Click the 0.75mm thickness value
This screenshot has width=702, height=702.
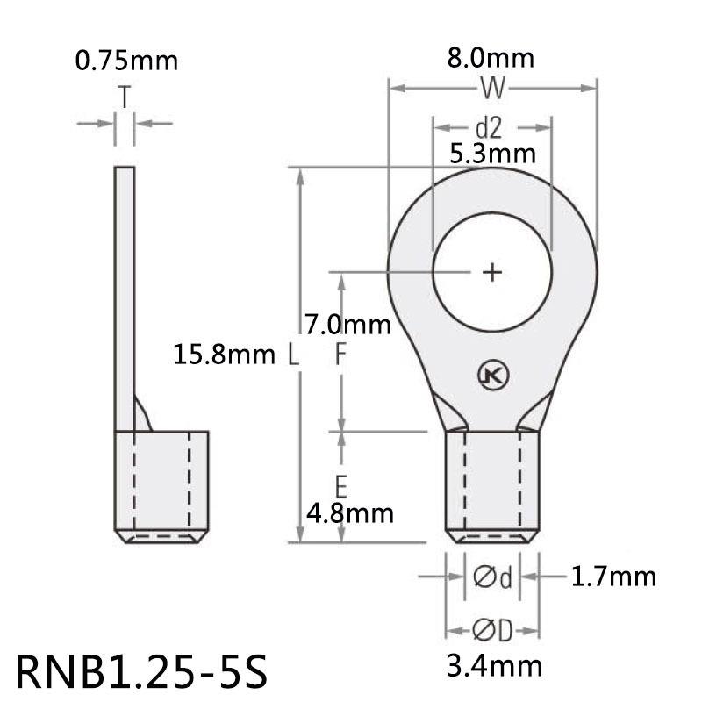pos(126,61)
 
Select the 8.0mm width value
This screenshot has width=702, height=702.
pos(491,59)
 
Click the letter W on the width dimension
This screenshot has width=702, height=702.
pos(492,88)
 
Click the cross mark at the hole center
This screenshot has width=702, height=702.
pos(493,272)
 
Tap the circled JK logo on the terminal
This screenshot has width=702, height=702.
pos(493,376)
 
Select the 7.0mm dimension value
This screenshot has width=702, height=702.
pos(348,325)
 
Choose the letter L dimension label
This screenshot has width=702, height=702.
pos(293,355)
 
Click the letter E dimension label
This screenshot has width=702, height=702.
pos(342,484)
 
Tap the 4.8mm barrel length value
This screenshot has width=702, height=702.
pos(347,512)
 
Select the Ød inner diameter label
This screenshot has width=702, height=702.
pos(492,577)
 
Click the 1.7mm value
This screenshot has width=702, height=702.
pos(612,577)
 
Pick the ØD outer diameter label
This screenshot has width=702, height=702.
pos(492,631)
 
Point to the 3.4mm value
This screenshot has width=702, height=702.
pos(494,666)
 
